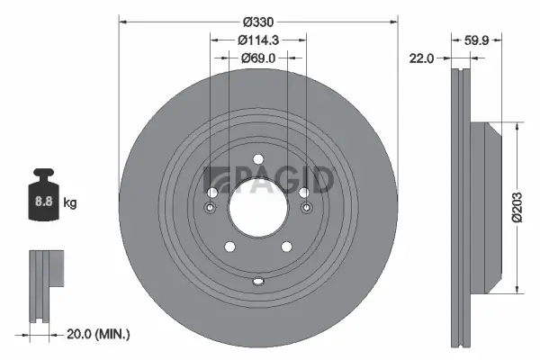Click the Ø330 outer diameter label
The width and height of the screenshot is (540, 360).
258,21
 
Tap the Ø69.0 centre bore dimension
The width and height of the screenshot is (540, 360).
257,57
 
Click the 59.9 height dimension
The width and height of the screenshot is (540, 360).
478,39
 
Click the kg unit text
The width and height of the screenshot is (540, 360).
70,202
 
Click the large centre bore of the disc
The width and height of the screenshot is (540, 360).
257,208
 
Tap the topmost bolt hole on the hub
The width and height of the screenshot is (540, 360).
257,160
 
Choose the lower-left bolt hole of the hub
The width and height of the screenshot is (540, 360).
229,247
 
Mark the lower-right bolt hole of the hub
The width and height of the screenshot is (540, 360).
286,247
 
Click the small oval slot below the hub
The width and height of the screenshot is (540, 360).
257,281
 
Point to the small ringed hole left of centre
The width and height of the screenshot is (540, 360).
210,209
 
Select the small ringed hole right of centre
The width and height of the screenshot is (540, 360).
306,209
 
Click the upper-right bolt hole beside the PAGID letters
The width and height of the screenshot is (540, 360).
303,193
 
